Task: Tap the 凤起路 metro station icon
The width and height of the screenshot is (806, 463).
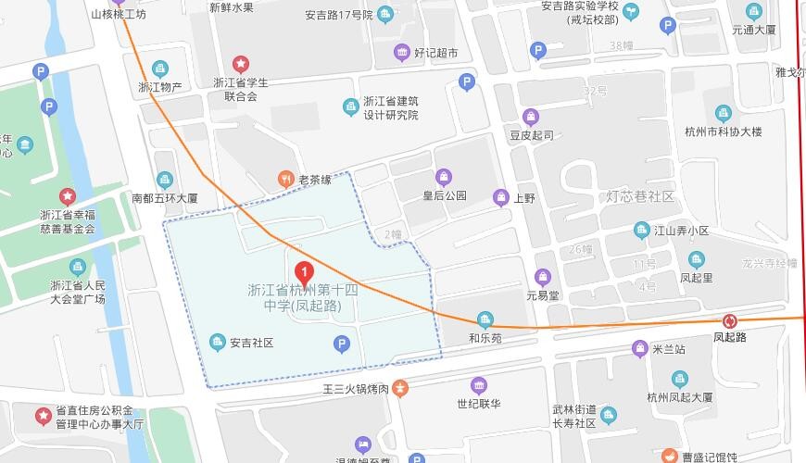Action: coord(731,320)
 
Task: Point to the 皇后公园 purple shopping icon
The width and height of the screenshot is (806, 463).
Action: coord(444,177)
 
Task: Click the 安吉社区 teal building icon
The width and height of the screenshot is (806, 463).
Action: coord(218,343)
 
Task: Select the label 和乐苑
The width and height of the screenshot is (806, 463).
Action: coord(485,338)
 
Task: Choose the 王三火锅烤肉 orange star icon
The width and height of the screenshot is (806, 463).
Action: coord(399,386)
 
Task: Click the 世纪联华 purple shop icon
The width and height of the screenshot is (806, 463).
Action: coord(479,385)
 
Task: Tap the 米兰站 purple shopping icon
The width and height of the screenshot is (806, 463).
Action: coord(639,348)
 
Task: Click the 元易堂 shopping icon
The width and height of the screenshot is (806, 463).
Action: coord(543,277)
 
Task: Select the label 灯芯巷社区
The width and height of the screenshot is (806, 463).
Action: coord(640,197)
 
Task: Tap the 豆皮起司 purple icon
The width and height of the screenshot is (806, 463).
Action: coord(530,117)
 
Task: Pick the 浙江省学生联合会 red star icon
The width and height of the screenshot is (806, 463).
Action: coord(241,64)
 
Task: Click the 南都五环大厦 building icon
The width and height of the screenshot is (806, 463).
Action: coord(165,180)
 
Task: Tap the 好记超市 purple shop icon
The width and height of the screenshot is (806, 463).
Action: coord(401,52)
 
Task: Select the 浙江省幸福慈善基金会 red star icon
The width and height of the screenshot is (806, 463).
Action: coord(67,196)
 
